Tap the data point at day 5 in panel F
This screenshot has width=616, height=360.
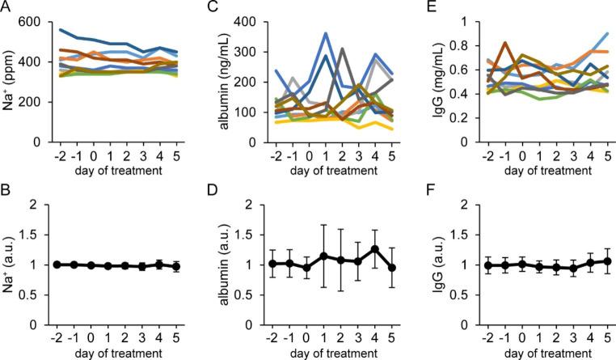[601, 261]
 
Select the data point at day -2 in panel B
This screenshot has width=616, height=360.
[70, 264]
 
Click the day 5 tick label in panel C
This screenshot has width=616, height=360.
[393, 155]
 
